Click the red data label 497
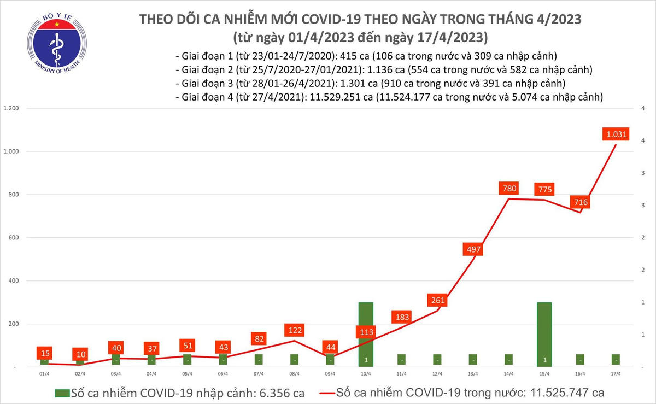pyautogui.click(x=473, y=249)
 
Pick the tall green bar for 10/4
pyautogui.click(x=366, y=333)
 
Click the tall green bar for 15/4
pyautogui.click(x=544, y=333)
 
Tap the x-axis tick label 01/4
pyautogui.click(x=44, y=374)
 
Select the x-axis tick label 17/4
pyautogui.click(x=616, y=374)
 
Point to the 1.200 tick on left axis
pyautogui.click(x=11, y=108)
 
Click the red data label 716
pyautogui.click(x=580, y=202)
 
